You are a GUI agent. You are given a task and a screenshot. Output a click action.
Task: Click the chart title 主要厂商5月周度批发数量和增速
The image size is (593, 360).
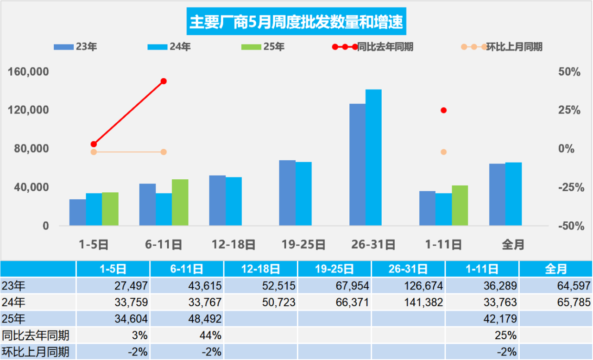pyautogui.click(x=296, y=22)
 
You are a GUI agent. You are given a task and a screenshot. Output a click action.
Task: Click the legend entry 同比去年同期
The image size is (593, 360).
pyautogui.click(x=372, y=47)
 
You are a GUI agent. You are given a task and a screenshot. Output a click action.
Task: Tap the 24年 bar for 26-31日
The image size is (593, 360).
pyautogui.click(x=373, y=158)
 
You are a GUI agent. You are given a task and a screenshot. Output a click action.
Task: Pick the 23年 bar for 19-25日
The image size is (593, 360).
pyautogui.click(x=287, y=193)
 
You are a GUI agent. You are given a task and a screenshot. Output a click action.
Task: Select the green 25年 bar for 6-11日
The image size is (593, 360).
pyautogui.click(x=180, y=202)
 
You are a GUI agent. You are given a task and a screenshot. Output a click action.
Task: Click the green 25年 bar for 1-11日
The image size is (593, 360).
pyautogui.click(x=460, y=205)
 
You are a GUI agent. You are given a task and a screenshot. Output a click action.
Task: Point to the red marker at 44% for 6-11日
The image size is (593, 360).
pyautogui.click(x=164, y=81)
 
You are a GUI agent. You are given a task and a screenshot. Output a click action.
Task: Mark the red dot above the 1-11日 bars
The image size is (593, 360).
pyautogui.click(x=443, y=110)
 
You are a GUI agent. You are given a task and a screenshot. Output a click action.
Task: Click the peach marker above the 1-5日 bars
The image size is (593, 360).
pyautogui.click(x=94, y=152)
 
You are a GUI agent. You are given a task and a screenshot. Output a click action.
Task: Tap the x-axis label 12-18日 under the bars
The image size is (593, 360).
pyautogui.click(x=233, y=244)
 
